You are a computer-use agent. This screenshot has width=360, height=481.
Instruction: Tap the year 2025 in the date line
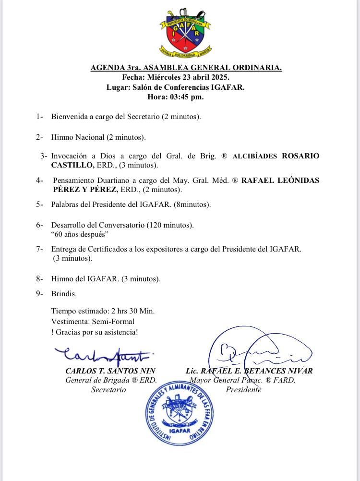coord(220,77)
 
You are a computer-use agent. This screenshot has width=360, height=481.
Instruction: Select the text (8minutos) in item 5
coord(193,204)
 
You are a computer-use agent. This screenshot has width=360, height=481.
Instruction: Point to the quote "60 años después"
coord(80,234)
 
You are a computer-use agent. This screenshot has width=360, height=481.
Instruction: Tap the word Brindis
coord(64,294)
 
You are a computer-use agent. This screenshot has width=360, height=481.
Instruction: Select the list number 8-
coord(40,278)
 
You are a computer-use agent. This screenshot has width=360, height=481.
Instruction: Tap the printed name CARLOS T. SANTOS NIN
coord(110,371)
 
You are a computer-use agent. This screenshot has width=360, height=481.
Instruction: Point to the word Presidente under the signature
coord(243,390)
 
